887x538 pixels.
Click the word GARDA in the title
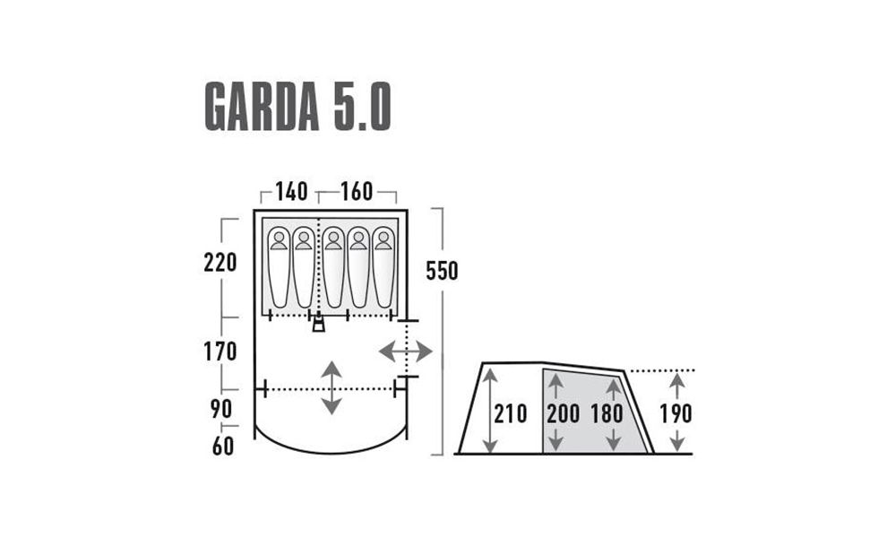point(262,107)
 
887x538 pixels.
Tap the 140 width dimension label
point(291,192)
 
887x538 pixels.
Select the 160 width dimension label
point(357,192)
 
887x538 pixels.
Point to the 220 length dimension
point(220,263)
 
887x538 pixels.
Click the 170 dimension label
point(220,352)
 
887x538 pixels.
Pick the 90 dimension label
point(221,409)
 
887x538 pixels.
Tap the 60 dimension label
point(223,447)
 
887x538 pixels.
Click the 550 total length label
point(442,272)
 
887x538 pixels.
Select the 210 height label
point(511,414)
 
